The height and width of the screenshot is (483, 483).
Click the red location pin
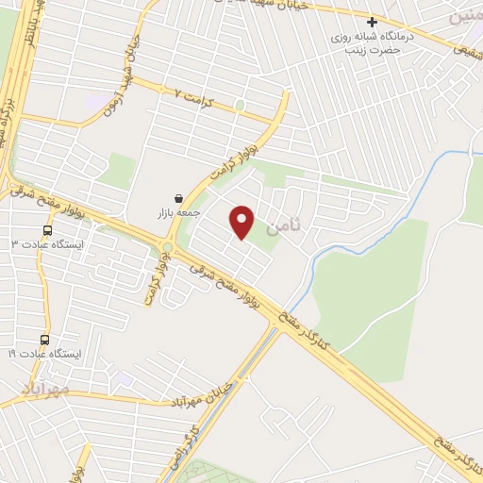pyautogui.click(x=243, y=223)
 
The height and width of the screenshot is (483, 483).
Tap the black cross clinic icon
pyautogui.click(x=373, y=22)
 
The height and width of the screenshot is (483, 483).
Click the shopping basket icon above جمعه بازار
pyautogui.click(x=178, y=198)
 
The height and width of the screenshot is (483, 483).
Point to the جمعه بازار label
pyautogui.click(x=178, y=214)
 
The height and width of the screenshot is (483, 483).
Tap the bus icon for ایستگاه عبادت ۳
pyautogui.click(x=47, y=229)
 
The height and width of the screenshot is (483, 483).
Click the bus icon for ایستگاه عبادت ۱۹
pyautogui.click(x=44, y=340)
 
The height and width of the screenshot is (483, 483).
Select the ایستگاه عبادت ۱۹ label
pyautogui.click(x=45, y=354)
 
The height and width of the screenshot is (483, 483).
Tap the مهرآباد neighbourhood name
pyautogui.click(x=43, y=388)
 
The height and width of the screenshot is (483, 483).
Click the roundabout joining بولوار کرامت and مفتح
pyautogui.click(x=168, y=248)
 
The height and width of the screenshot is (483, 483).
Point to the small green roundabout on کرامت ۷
pyautogui.click(x=240, y=105)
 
